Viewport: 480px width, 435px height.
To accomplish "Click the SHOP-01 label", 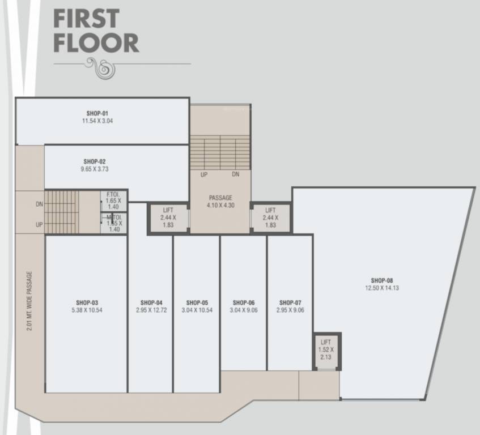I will pos(97,113).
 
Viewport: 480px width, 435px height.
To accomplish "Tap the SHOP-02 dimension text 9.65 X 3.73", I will pos(95,169).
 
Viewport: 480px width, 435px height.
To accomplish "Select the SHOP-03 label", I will pos(87,302).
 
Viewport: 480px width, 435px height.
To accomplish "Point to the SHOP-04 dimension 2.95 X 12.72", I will pos(151,310).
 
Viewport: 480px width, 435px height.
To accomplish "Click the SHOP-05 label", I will pos(197,302).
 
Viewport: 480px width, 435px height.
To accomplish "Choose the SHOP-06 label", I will pos(243,302).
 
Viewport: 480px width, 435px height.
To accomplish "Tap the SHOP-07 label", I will pos(290,302).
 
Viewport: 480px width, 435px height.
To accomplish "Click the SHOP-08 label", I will pos(381,280).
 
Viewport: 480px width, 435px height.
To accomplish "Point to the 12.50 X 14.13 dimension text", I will pos(381,288).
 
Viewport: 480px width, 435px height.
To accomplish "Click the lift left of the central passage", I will pos(168,217).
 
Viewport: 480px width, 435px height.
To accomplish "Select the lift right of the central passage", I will pos(270,217).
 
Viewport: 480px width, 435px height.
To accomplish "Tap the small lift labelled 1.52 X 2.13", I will pos(326,350).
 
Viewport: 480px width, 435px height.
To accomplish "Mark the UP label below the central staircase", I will pos(203,174).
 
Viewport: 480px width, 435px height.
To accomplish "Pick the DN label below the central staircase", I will pos(235,174).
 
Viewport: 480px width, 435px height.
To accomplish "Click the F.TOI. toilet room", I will pos(114,201).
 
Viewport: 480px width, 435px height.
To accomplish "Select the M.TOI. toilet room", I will pos(114,223).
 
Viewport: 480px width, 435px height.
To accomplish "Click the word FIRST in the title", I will pos(86,18).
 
